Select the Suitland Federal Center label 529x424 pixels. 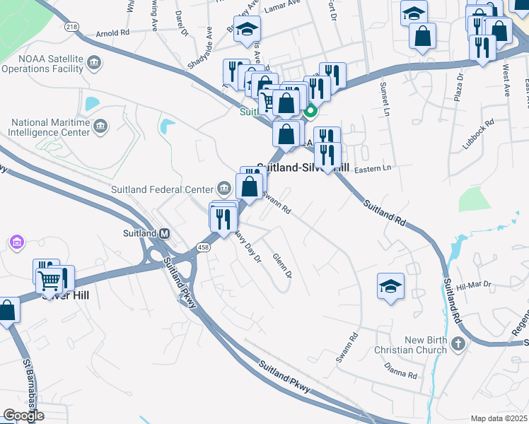[x=162, y=189]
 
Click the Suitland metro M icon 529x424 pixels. [x=164, y=233]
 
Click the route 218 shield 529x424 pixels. [x=71, y=26]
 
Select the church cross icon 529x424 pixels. [x=458, y=344]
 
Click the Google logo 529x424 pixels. [x=23, y=416]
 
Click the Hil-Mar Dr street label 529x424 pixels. [x=473, y=285]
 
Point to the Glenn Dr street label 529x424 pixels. [x=281, y=266]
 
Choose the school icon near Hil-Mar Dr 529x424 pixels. [x=390, y=285]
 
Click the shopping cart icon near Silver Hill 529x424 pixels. [x=50, y=281]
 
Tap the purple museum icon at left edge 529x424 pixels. [x=16, y=243]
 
